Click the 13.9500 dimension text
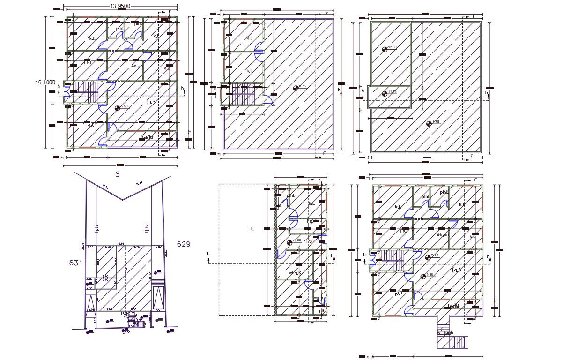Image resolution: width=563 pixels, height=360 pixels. [x=120, y=6]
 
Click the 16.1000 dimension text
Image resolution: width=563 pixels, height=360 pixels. [x=45, y=82]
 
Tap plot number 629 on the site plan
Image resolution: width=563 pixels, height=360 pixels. [x=183, y=244]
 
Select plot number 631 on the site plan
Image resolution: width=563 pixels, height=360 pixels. [x=76, y=263]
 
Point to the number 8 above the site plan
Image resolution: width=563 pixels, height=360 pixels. [x=118, y=174]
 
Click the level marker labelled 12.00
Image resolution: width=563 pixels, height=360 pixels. [x=385, y=49]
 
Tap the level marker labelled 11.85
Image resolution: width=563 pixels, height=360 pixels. [x=385, y=93]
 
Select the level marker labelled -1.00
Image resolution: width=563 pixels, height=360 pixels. [x=289, y=242]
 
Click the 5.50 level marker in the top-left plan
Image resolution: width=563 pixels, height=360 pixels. [x=117, y=108]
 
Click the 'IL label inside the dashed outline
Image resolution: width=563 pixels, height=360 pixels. [x=252, y=229]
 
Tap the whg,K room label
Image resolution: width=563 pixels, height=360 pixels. [x=294, y=273]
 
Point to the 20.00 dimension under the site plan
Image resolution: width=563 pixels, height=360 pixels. [x=126, y=332]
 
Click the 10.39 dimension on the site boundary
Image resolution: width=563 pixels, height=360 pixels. [x=104, y=187]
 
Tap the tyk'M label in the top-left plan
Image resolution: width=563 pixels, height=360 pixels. [x=148, y=138]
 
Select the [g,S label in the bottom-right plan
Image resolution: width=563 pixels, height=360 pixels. [x=457, y=270]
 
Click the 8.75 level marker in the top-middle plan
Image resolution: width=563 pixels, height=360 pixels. [x=296, y=88]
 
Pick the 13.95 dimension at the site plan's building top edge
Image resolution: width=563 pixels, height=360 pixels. [x=120, y=244]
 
